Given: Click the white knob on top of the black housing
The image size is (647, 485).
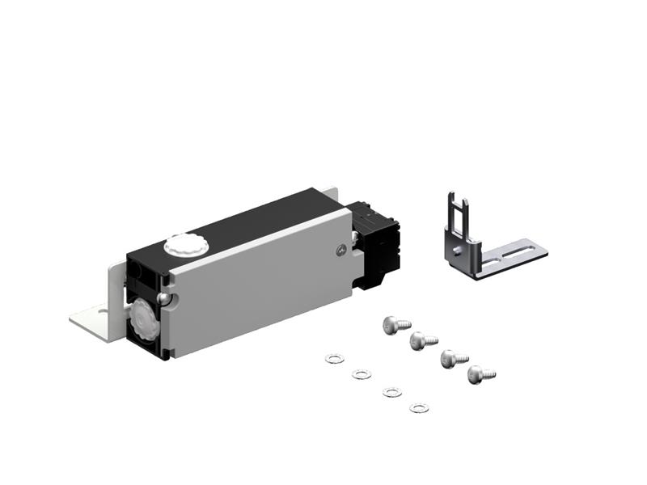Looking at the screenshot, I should click(x=184, y=243).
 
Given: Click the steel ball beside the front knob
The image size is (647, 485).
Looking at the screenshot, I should click(x=165, y=299).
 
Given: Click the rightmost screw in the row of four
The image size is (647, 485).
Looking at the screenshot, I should click(x=480, y=374).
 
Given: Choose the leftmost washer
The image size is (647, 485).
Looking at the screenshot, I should click(x=332, y=358).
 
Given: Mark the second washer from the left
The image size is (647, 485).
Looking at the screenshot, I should click(x=362, y=373).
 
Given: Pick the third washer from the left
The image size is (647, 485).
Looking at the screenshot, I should click(x=391, y=392).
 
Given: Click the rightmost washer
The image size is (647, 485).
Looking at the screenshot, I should click(x=419, y=407).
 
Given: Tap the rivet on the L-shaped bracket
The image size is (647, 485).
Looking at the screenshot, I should click(x=459, y=251).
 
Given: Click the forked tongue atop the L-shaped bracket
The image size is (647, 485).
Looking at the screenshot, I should click(x=459, y=206).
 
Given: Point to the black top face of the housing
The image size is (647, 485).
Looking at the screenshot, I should click(x=243, y=222).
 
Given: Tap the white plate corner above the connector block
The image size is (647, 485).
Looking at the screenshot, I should click(x=332, y=195).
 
